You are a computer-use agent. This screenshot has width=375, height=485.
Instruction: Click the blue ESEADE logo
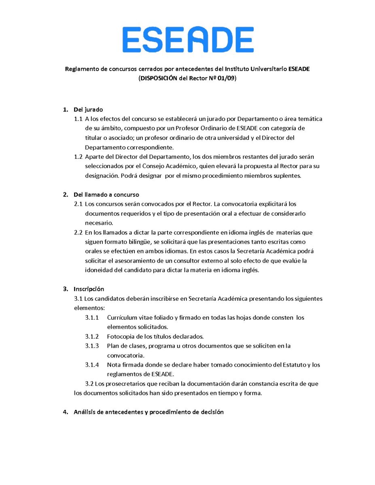pyautogui.click(x=188, y=40)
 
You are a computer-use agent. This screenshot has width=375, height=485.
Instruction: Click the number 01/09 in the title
pyautogui.click(x=226, y=78)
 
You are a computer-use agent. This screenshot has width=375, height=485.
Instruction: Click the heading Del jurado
pyautogui.click(x=88, y=110)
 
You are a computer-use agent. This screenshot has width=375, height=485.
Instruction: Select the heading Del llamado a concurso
pyautogui.click(x=106, y=195)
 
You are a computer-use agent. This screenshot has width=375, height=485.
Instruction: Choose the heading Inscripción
pyautogui.click(x=89, y=289)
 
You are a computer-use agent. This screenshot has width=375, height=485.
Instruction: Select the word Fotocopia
pyautogui.click(x=121, y=337)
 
